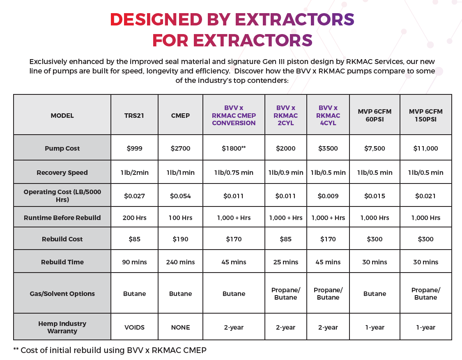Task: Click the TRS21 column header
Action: tap(134, 115)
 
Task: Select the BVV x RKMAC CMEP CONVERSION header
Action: tap(234, 115)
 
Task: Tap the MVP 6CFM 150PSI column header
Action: tap(425, 115)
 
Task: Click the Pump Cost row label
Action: tap(62, 148)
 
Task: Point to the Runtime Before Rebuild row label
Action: tap(62, 218)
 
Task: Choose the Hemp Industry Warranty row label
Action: tap(62, 327)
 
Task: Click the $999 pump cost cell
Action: tap(134, 148)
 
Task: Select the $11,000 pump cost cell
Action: tap(425, 148)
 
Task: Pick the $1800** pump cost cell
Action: tap(234, 148)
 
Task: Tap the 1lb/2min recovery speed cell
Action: tap(134, 172)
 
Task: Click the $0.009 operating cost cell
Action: tap(328, 196)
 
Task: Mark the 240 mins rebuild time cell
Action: tap(180, 262)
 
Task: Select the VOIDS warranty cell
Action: tap(134, 327)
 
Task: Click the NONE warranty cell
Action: tap(180, 327)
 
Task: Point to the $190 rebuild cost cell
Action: tap(180, 239)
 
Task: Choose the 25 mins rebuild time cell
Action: tap(285, 262)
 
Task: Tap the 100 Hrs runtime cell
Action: tap(180, 218)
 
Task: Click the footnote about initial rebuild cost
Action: tap(110, 350)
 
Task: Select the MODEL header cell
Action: tap(62, 115)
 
